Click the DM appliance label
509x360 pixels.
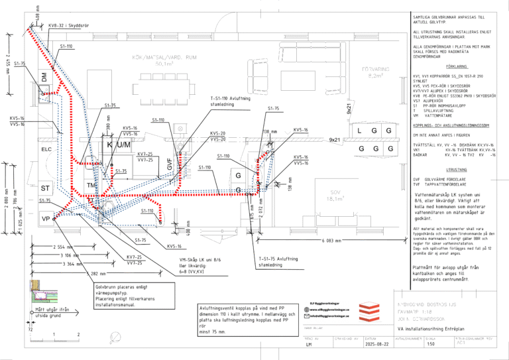click(x=45, y=78)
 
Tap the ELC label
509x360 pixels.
click(x=46, y=149)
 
